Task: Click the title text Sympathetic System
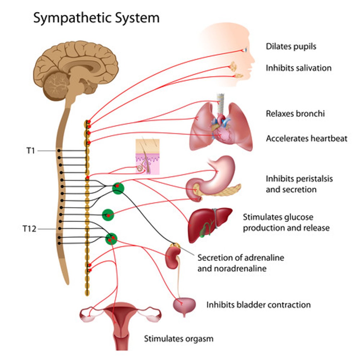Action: tap(96, 18)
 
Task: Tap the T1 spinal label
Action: tap(30, 151)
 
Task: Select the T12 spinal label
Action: tap(29, 229)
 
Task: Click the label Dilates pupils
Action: tap(291, 46)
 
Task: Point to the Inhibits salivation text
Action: tap(298, 68)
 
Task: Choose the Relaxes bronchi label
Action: tap(295, 114)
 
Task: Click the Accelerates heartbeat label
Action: tap(306, 139)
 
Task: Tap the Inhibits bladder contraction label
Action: tap(258, 305)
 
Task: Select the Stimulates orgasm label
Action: tap(179, 339)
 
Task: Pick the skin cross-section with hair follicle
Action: tap(147, 157)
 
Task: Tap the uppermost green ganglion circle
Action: tap(118, 188)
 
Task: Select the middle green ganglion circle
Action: tap(108, 215)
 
